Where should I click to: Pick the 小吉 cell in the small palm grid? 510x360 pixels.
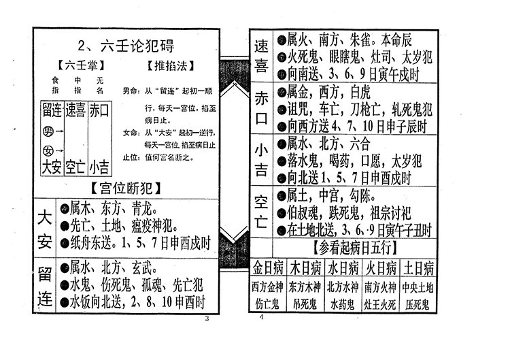[99, 165]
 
